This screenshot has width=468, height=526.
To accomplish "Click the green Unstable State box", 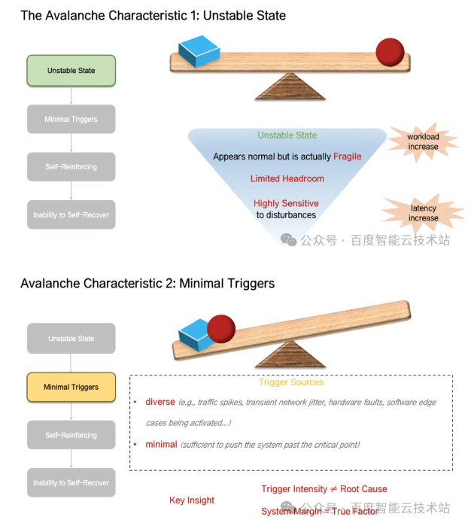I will pyautogui.click(x=71, y=70).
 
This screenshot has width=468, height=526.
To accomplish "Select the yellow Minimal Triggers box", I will pyautogui.click(x=71, y=387).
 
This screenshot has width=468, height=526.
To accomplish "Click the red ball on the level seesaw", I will pyautogui.click(x=390, y=51).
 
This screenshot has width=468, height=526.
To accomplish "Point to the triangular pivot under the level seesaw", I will pyautogui.click(x=289, y=87).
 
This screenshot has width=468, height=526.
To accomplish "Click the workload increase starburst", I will pyautogui.click(x=423, y=141).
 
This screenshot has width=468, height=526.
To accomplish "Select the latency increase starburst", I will pyautogui.click(x=424, y=213).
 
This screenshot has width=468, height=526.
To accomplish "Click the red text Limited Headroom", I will pyautogui.click(x=287, y=179).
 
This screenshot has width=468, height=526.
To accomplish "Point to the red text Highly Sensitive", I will pyautogui.click(x=286, y=203).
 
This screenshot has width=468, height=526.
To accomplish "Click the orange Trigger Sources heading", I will pyautogui.click(x=291, y=382).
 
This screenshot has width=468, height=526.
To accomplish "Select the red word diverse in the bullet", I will pyautogui.click(x=160, y=402).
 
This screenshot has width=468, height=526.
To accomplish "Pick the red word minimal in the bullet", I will pyautogui.click(x=161, y=444).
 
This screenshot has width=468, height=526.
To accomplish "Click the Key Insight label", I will pyautogui.click(x=192, y=500).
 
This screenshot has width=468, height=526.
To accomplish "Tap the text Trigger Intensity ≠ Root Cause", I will pyautogui.click(x=324, y=489).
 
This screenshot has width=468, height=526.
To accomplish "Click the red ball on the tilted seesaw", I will pyautogui.click(x=221, y=329).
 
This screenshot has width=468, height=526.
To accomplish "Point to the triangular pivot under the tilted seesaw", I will pyautogui.click(x=290, y=354).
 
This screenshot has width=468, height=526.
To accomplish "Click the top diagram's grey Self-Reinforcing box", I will pyautogui.click(x=71, y=166).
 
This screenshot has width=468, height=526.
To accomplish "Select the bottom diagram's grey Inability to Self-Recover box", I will pyautogui.click(x=71, y=482).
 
